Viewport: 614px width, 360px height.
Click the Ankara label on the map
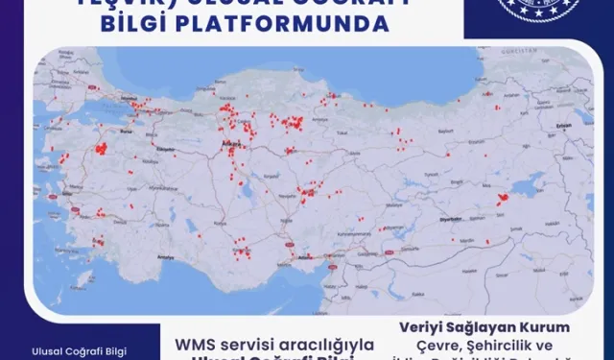pyautogui.click(x=230, y=143)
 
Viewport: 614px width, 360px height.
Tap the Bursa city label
pyautogui.click(x=125, y=126)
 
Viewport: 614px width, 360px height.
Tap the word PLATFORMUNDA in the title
pyautogui.click(x=316, y=23)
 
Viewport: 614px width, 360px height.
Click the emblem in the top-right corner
pyautogui.click(x=561, y=12)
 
